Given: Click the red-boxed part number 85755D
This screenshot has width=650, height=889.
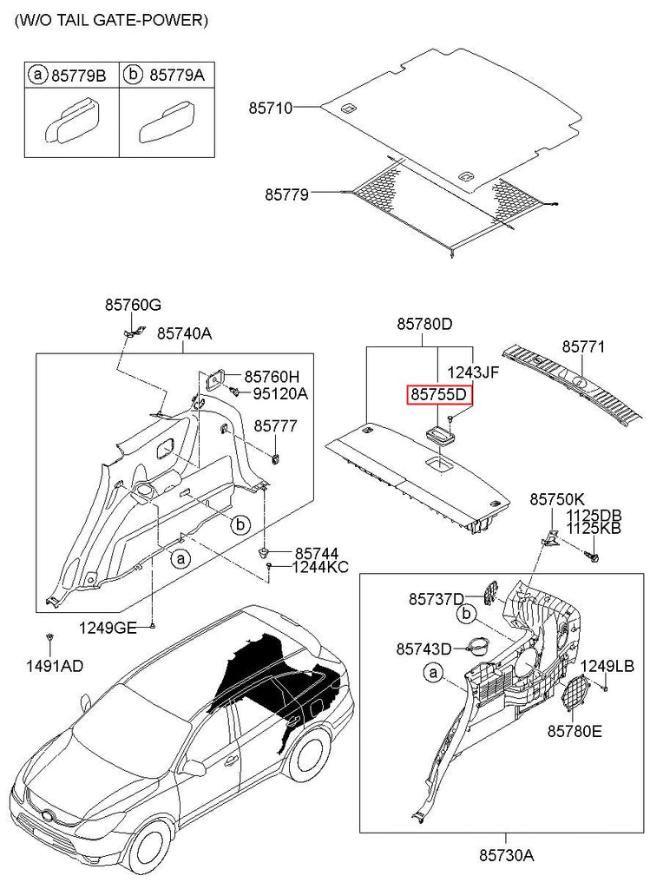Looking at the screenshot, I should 440,395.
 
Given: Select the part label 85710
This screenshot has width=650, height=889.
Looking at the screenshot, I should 270,109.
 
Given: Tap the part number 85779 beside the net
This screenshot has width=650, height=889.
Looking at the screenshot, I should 286,195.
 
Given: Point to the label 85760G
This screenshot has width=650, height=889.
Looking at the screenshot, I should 133,305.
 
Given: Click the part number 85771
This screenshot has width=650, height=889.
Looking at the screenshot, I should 584,346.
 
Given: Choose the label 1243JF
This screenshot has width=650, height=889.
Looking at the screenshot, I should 473,372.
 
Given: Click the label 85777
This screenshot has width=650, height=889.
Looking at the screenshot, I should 275,425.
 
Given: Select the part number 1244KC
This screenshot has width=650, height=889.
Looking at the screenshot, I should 320,568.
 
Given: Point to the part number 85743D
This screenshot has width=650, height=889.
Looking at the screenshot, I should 424,649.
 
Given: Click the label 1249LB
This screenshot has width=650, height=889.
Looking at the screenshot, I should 607,666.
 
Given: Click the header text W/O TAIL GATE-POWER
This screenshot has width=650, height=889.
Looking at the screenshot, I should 110,21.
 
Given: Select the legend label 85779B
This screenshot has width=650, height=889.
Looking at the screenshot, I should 78,76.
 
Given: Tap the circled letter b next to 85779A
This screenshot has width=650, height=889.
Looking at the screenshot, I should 133,76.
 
